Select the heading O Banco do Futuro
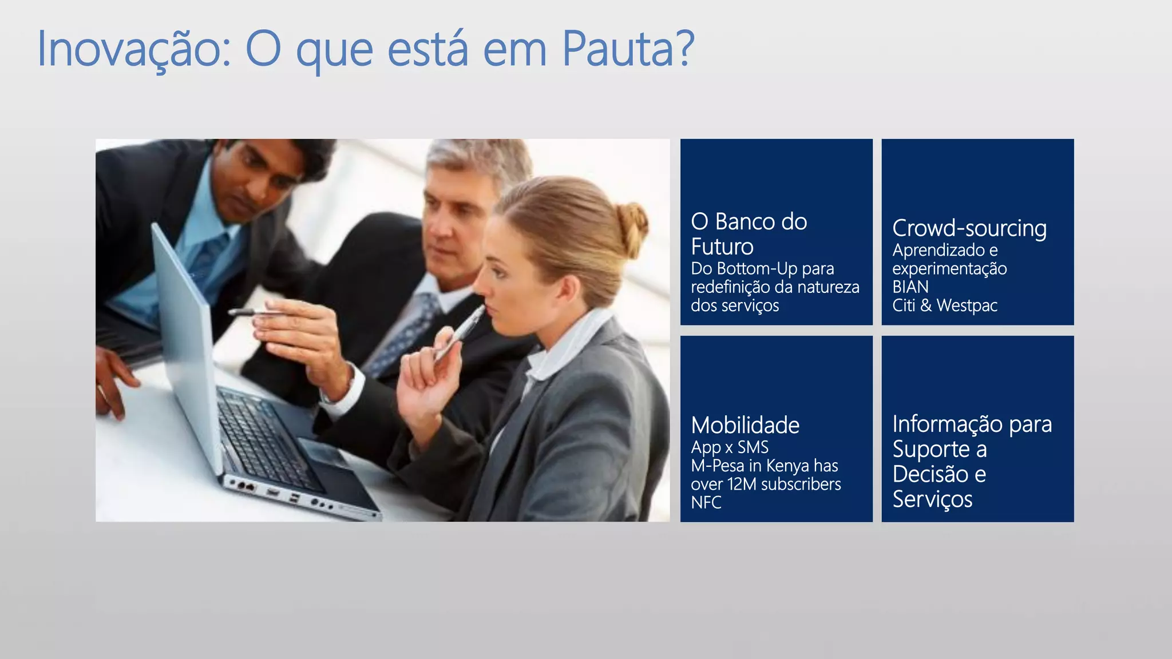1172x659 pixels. pyautogui.click(x=749, y=234)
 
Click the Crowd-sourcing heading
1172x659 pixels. pyautogui.click(x=969, y=228)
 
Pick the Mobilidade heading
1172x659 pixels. pyautogui.click(x=745, y=426)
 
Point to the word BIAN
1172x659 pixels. pyautogui.click(x=910, y=287)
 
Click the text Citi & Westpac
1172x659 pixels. pyautogui.click(x=944, y=305)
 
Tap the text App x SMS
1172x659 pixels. pyautogui.click(x=730, y=447)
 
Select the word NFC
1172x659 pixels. pyautogui.click(x=706, y=503)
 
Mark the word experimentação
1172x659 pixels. pyautogui.click(x=949, y=269)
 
